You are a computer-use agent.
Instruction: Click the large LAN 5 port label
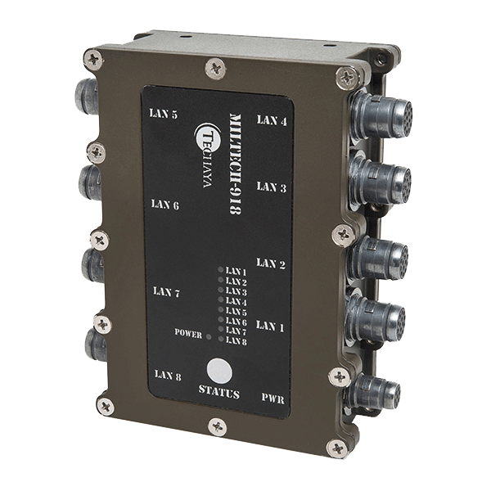coord(164,114)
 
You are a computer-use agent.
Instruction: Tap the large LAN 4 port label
coord(272,120)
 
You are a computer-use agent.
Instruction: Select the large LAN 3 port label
coord(272,187)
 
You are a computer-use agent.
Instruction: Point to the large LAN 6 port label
coord(165,205)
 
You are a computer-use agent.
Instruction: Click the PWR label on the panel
coord(273,399)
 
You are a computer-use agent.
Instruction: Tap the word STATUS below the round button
coord(219,392)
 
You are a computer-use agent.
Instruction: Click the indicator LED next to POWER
coord(209,336)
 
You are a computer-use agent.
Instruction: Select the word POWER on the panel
coord(188,333)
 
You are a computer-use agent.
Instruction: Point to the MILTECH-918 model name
coord(236,164)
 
